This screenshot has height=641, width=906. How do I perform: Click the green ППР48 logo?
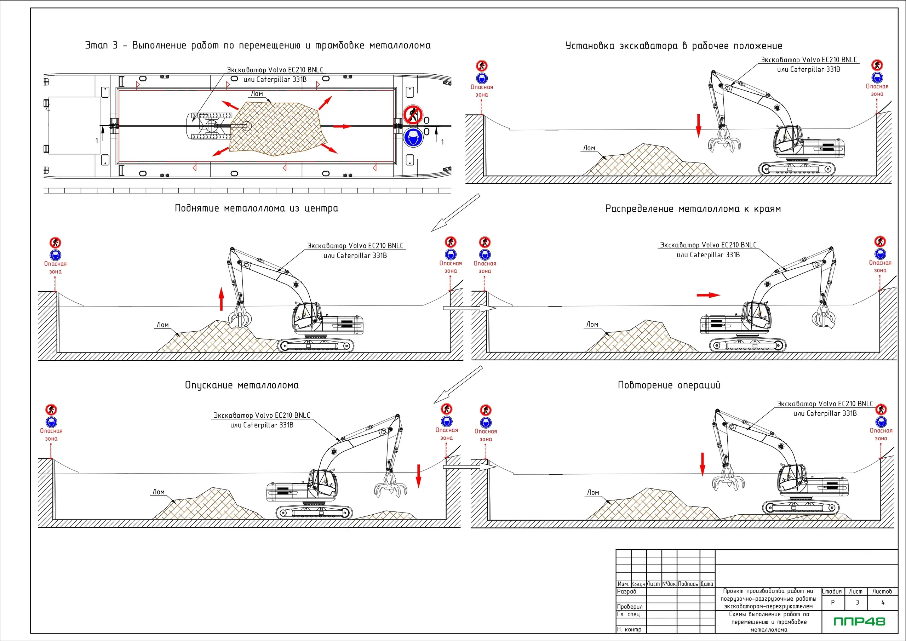tap(859, 621)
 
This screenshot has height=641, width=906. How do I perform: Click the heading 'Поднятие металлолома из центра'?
tap(257, 208)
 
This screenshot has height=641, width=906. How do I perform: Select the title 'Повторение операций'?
tap(669, 385)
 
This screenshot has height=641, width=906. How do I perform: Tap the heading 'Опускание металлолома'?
tap(241, 385)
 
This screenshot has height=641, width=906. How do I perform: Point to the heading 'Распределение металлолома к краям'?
tap(693, 209)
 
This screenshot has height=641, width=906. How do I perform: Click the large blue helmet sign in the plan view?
tap(413, 137)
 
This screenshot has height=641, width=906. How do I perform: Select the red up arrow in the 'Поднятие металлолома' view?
tap(222, 299)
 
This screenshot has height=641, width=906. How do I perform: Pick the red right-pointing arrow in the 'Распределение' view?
tap(708, 295)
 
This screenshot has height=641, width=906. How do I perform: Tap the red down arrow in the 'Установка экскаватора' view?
tap(699, 126)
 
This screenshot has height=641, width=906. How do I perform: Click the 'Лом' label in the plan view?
tap(257, 94)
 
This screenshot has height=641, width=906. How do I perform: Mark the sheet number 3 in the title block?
tap(857, 602)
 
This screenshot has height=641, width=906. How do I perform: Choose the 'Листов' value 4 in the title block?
tap(883, 602)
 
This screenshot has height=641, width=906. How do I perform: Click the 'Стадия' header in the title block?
tap(832, 591)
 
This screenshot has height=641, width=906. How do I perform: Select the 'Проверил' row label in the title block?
tap(630, 607)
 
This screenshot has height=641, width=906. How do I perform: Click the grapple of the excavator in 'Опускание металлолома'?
tap(390, 487)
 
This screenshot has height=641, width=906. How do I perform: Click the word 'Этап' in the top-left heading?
tap(97, 45)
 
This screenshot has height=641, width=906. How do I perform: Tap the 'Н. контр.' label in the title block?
tap(630, 630)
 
